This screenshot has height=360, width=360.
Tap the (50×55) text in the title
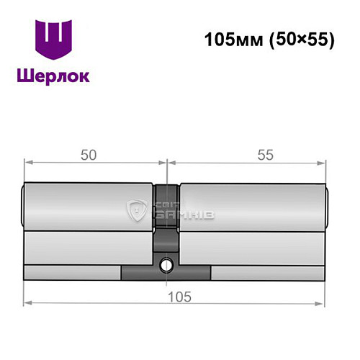pyautogui.click(x=299, y=40)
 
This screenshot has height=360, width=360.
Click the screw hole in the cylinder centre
pyautogui.click(x=167, y=265)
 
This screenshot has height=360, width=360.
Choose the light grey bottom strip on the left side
pyautogui.click(x=72, y=273)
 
